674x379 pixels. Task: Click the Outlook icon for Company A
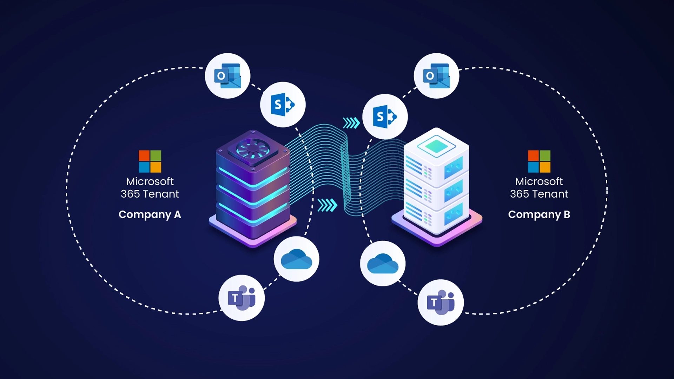tap(227, 76)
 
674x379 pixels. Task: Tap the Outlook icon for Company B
tap(436, 76)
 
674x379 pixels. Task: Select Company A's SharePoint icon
tap(283, 105)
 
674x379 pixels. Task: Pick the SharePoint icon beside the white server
tap(385, 117)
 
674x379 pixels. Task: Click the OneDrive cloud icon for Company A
tap(297, 259)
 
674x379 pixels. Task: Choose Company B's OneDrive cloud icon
tap(383, 264)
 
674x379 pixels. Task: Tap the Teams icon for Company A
tap(242, 298)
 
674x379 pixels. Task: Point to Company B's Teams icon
tap(441, 302)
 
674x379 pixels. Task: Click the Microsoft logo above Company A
tap(150, 161)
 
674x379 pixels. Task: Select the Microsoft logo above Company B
tap(539, 161)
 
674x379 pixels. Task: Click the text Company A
tap(150, 214)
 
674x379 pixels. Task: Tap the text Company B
tap(539, 214)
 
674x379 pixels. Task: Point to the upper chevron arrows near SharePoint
tap(351, 123)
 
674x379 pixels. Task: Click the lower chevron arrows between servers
tap(327, 205)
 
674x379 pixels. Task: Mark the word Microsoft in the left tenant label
tap(150, 181)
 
